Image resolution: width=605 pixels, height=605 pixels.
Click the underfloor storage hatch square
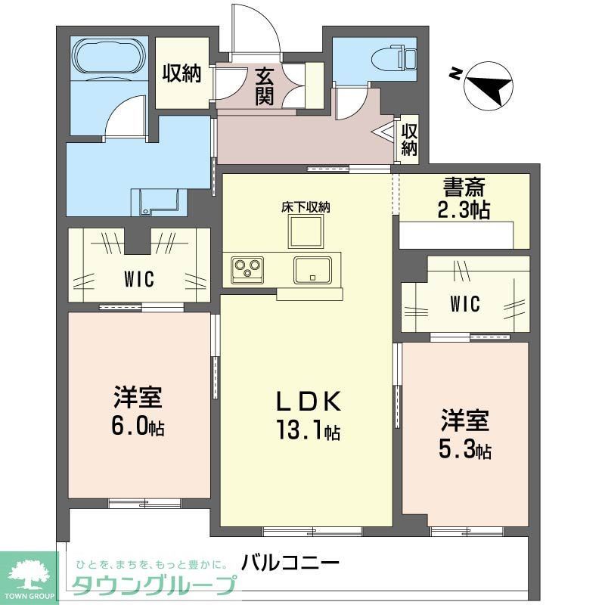pos(306,232)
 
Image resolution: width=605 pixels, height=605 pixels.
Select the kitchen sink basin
pos(312,269)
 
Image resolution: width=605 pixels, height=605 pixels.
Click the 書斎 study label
pos(464,187)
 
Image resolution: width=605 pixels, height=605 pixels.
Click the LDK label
pos(306,400)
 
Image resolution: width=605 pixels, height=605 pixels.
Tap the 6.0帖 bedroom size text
pos(138,427)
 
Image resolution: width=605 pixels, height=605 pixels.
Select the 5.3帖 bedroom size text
pos(466,451)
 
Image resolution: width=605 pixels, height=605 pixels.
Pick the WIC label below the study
pos(464,305)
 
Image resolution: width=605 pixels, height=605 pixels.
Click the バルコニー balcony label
pos(290,563)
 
